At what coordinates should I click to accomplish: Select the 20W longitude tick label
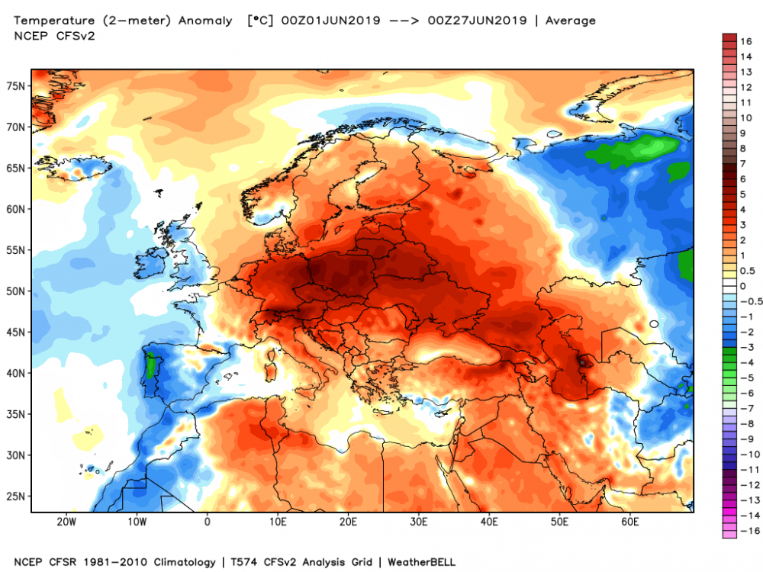(66, 522)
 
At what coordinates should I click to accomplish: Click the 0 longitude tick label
(208, 522)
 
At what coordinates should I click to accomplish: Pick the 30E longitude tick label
(419, 522)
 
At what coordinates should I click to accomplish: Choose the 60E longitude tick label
(630, 522)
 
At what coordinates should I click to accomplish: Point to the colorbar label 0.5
(748, 270)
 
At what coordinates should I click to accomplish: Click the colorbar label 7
(743, 163)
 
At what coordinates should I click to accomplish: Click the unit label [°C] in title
(259, 21)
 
